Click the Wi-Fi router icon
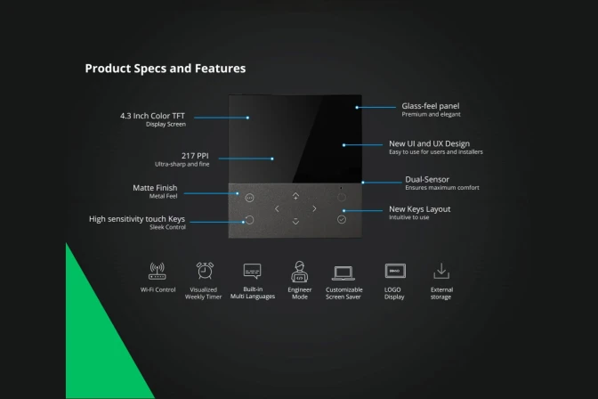click(x=158, y=272)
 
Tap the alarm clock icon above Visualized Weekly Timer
click(x=205, y=271)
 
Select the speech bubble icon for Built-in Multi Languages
click(x=252, y=272)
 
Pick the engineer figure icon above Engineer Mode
click(x=299, y=271)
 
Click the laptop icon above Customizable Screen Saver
click(x=343, y=273)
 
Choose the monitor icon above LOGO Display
click(x=394, y=271)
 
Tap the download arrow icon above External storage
click(x=441, y=271)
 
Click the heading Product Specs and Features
click(x=165, y=68)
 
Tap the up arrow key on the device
click(x=295, y=196)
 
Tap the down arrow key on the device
click(x=295, y=221)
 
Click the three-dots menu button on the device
click(x=249, y=198)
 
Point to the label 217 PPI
click(x=195, y=155)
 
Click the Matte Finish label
click(x=154, y=188)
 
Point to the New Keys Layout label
click(x=419, y=209)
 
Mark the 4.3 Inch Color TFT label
click(x=153, y=116)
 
